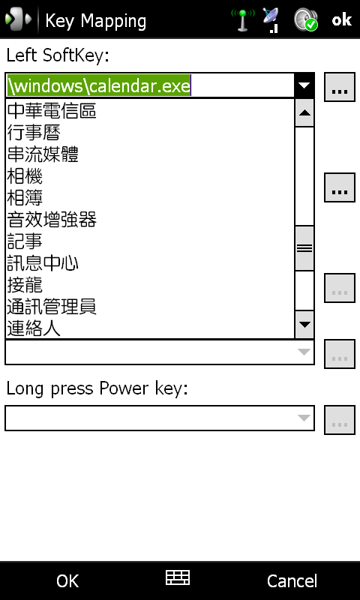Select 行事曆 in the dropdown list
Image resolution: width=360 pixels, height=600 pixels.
click(x=34, y=133)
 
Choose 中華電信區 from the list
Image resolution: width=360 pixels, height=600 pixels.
click(x=52, y=111)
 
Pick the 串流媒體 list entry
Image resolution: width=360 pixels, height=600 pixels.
click(x=43, y=154)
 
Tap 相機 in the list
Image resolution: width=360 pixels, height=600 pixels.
click(x=25, y=176)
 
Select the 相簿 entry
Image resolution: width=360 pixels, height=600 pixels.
click(x=25, y=198)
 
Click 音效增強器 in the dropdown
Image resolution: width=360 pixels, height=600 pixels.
click(x=52, y=220)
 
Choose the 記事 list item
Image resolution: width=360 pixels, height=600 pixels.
click(x=25, y=241)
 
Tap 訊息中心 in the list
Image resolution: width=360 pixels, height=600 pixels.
click(x=43, y=264)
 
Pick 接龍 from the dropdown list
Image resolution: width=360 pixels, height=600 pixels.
click(x=25, y=286)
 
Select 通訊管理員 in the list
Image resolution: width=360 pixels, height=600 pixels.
click(x=52, y=307)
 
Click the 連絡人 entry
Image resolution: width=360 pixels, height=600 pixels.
click(x=34, y=329)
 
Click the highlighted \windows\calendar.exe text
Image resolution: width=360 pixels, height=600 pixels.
click(x=99, y=85)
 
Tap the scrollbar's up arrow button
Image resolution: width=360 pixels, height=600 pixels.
click(x=304, y=113)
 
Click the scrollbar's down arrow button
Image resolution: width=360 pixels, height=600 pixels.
click(x=304, y=325)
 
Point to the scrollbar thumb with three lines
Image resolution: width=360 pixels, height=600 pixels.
click(x=304, y=248)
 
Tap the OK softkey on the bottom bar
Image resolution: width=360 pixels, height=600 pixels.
click(x=67, y=580)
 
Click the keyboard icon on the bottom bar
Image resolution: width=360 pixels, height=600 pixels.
click(x=178, y=577)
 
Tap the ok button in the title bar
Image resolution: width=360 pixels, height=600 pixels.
click(x=342, y=19)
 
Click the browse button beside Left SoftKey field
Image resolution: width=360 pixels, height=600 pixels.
click(x=339, y=87)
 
